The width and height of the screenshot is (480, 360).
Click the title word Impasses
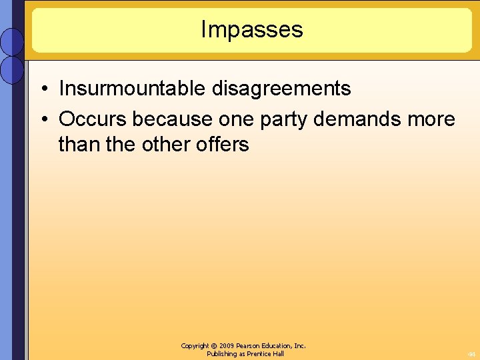[x=251, y=29]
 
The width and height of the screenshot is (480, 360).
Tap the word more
[x=432, y=119]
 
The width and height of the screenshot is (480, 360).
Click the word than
[x=77, y=144]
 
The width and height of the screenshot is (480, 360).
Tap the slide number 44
[x=471, y=354]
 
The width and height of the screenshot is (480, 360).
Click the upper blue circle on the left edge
[x=12, y=41]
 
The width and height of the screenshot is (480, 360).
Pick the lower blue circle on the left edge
[x=12, y=69]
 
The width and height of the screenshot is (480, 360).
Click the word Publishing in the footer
[x=223, y=354]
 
